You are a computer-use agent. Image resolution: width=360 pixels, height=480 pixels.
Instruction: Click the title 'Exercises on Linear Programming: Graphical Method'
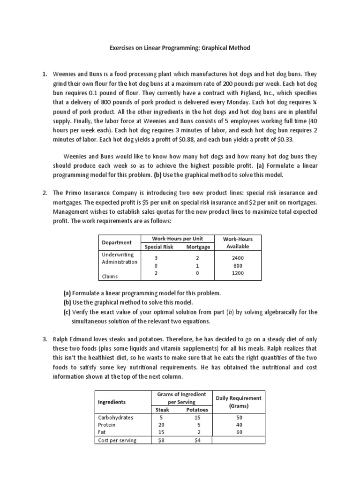(x=180, y=47)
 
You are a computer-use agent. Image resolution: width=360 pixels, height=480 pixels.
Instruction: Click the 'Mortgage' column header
(x=198, y=247)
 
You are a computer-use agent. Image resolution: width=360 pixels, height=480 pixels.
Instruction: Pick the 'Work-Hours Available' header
(x=237, y=242)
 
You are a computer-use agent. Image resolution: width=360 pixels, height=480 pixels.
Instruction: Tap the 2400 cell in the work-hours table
(x=238, y=258)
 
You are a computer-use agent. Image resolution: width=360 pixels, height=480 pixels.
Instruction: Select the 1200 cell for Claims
(x=238, y=273)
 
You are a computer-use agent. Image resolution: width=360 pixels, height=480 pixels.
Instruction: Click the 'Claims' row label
(x=110, y=277)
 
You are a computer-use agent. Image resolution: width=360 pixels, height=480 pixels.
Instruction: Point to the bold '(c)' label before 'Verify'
(x=67, y=312)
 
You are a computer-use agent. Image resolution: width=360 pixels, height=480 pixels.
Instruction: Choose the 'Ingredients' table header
(x=112, y=402)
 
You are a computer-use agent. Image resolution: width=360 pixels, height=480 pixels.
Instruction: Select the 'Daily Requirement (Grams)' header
(x=239, y=402)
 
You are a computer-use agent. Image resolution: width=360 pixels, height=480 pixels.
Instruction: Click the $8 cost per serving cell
(x=162, y=440)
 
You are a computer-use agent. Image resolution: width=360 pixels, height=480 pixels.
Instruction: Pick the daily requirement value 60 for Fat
(x=239, y=432)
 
